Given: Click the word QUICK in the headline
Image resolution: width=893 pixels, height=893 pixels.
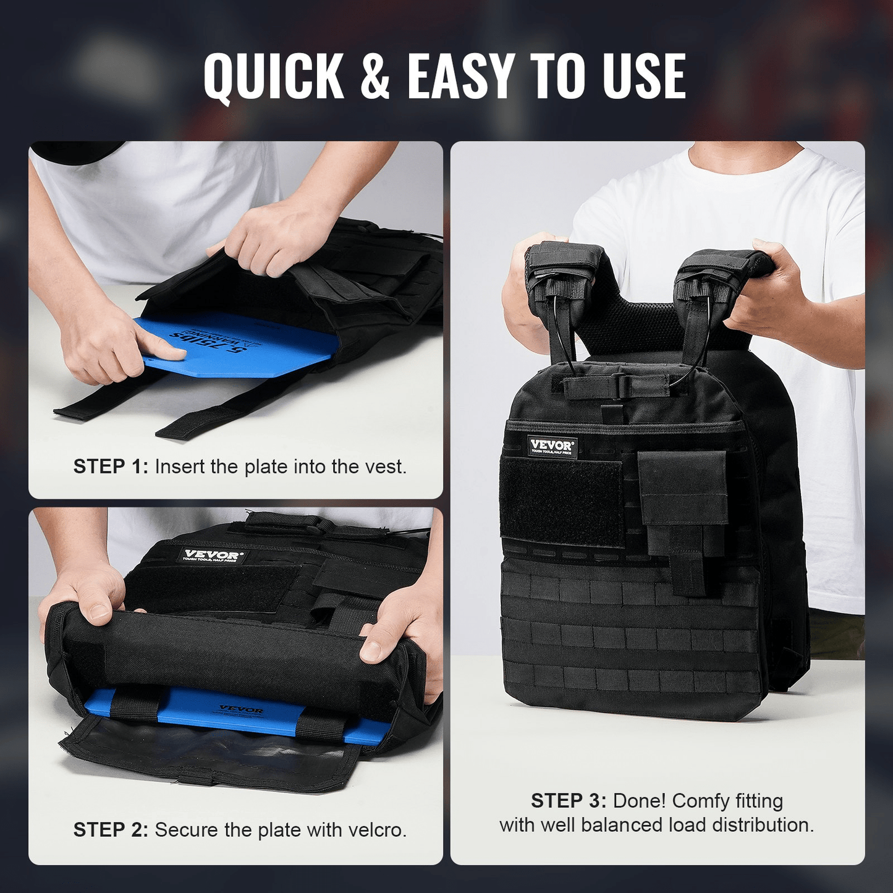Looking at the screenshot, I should coord(274,77).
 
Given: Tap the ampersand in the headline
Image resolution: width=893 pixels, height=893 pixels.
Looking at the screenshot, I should coord(375,77).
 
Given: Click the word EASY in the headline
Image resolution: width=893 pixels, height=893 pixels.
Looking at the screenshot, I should coord(460,77).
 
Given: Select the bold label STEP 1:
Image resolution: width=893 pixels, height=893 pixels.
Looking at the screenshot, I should coord(111,467).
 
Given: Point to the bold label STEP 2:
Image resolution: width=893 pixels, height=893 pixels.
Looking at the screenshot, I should coord(111,830).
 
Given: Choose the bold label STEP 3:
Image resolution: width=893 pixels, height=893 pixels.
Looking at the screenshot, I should coord(569,801).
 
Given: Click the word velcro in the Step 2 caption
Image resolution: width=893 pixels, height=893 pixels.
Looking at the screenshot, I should coord(378,830).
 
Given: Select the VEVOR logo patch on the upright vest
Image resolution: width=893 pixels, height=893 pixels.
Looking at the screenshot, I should coord(552,447).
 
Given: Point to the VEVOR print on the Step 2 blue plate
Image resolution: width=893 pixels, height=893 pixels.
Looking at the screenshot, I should coord(241,710).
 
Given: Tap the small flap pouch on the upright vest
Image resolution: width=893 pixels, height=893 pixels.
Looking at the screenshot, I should coord(682,488).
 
